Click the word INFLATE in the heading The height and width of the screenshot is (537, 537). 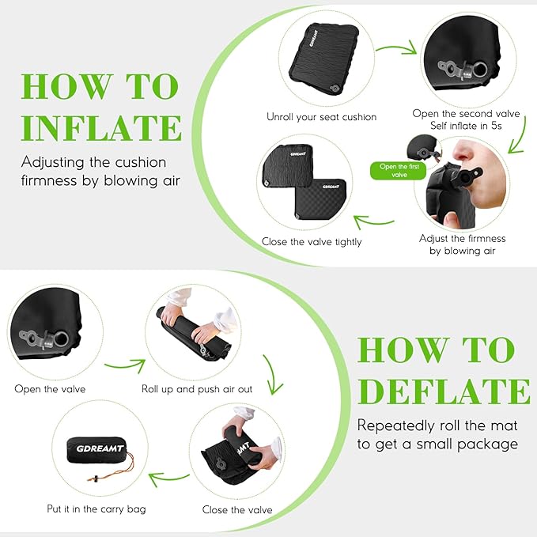[x=101, y=127]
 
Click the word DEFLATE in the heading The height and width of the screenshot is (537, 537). [x=444, y=391]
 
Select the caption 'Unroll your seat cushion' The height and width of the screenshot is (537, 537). [x=321, y=117]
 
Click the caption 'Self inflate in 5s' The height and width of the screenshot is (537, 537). [x=466, y=126]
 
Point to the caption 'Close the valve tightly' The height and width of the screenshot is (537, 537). [x=312, y=241]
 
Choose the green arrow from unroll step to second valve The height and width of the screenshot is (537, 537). [x=395, y=49]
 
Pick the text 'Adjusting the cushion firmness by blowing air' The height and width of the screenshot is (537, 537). [x=94, y=171]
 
